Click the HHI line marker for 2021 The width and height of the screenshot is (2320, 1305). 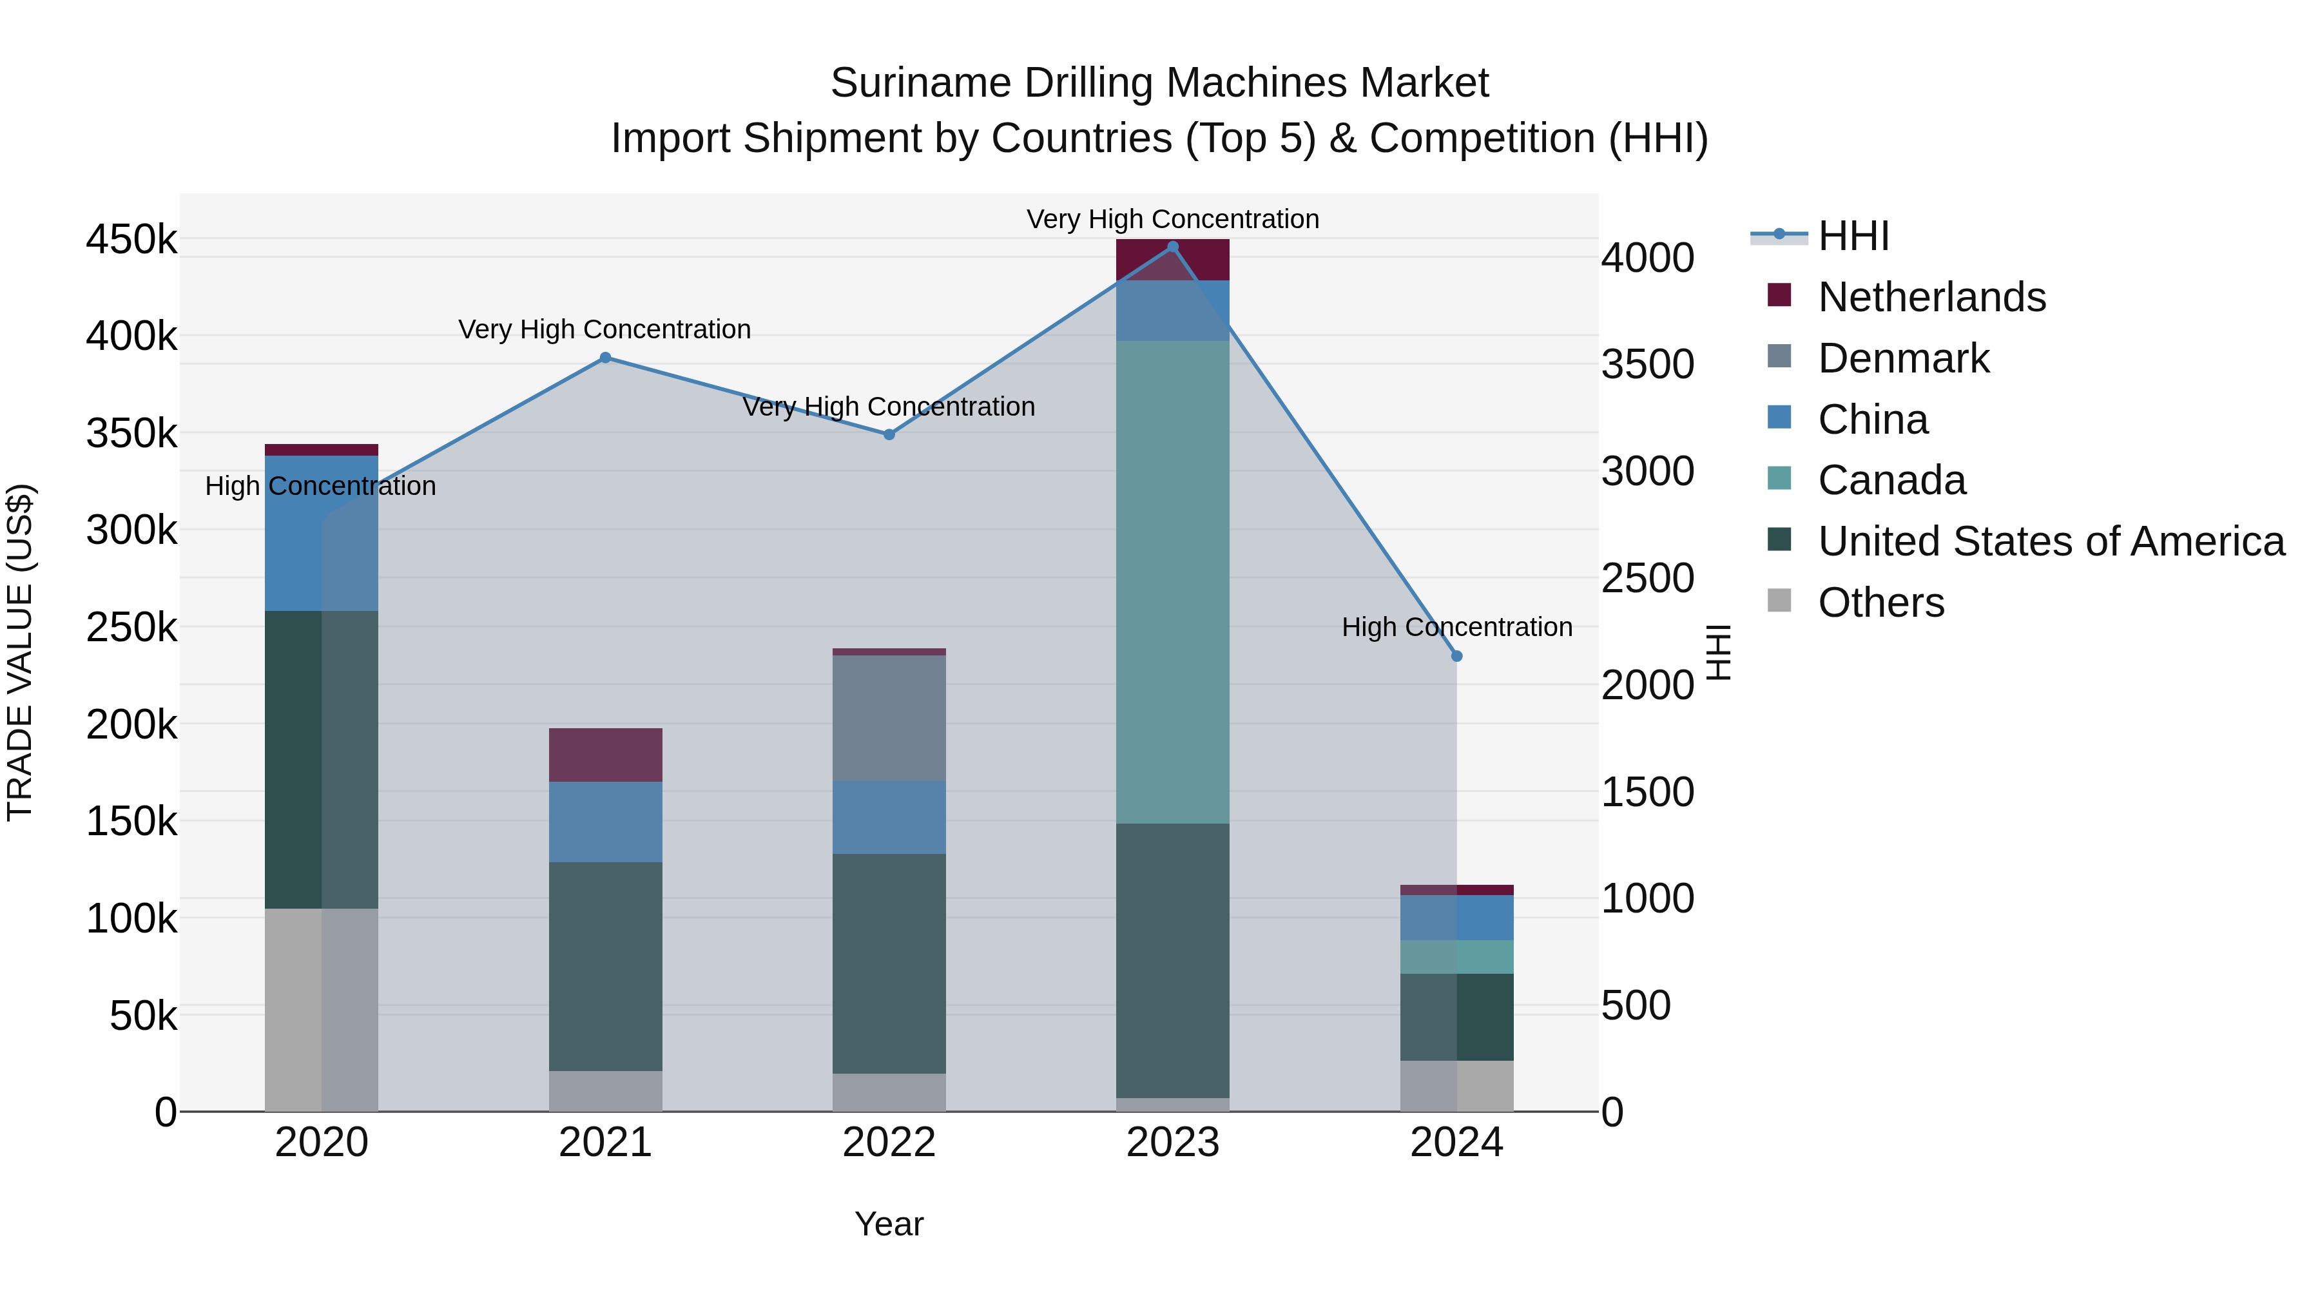(x=605, y=358)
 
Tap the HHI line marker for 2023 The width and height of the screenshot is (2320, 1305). (x=1173, y=247)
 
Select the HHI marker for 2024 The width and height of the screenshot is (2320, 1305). (x=1456, y=657)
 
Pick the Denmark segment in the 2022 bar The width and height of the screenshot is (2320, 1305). (x=889, y=718)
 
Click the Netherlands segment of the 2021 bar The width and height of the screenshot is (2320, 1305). (x=605, y=755)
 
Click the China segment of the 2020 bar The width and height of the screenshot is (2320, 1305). (x=322, y=533)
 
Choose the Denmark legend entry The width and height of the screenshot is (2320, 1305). (x=1903, y=358)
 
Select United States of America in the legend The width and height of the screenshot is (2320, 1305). (x=2051, y=541)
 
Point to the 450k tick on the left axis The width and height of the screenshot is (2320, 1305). (x=131, y=240)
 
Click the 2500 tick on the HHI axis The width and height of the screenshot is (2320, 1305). (x=1647, y=578)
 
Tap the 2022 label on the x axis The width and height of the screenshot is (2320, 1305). (x=889, y=1143)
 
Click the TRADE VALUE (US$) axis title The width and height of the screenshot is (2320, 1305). (x=21, y=652)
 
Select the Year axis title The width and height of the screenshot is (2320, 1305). (x=889, y=1224)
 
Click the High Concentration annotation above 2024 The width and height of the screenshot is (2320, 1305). (x=1456, y=627)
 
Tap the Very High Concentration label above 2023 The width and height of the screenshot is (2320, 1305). (x=1173, y=219)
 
